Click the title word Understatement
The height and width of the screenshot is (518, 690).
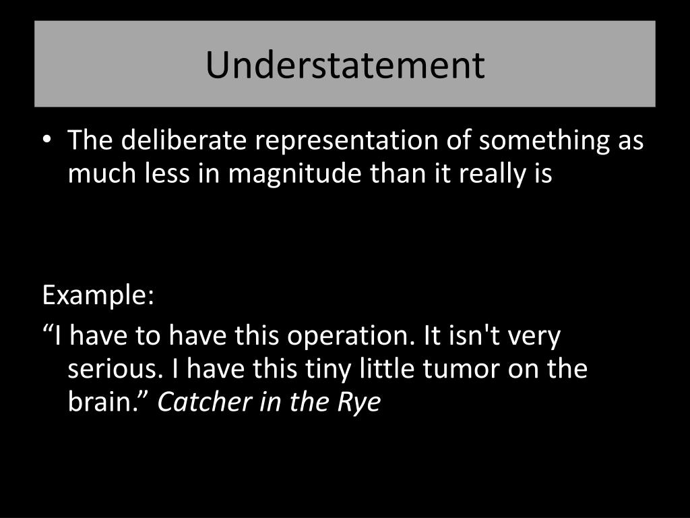[x=345, y=65]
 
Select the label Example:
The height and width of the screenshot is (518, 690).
[x=98, y=295]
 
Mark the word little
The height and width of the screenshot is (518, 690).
[x=373, y=369]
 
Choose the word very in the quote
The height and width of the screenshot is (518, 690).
[x=536, y=336]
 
